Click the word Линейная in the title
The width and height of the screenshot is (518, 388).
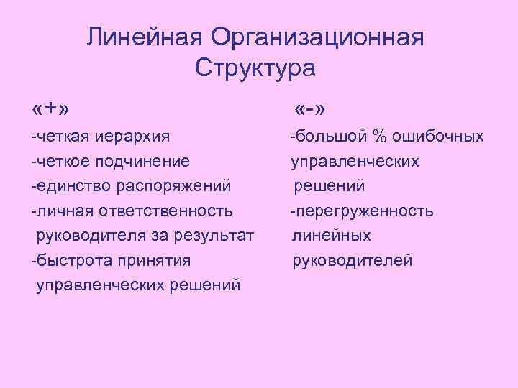[x=143, y=37]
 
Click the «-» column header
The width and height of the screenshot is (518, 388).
[x=311, y=109]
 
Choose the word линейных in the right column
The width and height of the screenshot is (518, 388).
[x=331, y=235]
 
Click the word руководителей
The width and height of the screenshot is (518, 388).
[x=352, y=260]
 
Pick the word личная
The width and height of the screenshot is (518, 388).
[x=60, y=211]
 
